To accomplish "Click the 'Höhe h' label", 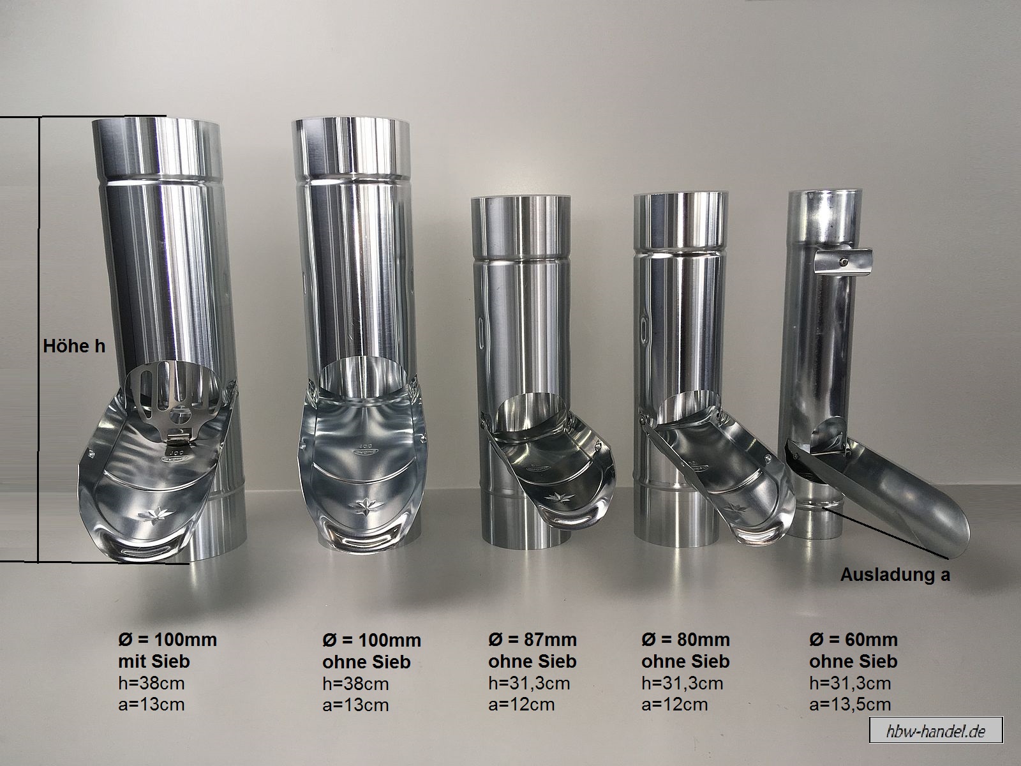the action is [74, 347].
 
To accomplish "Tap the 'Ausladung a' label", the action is [895, 575].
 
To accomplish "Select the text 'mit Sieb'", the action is [154, 661].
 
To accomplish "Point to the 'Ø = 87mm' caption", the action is [532, 640].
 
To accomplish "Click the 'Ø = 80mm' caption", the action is [685, 640].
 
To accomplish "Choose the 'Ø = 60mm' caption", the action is [854, 640].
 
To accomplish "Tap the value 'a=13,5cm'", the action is [850, 704].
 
